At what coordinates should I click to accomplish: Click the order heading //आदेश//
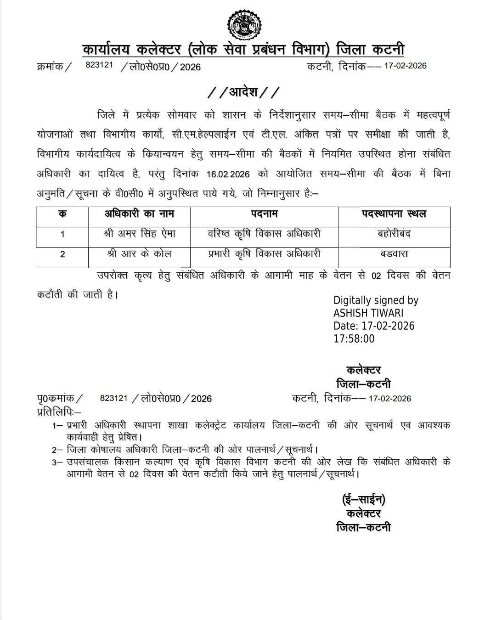(243, 92)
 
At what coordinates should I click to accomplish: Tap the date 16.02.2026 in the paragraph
(228, 175)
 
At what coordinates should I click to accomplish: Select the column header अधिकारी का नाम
(139, 214)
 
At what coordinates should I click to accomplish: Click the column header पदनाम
(264, 214)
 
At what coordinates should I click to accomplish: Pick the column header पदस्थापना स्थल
(394, 214)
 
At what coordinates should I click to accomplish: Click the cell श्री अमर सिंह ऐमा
(139, 234)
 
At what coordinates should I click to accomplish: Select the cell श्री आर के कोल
(139, 254)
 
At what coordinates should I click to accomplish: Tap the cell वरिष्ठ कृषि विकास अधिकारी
(264, 234)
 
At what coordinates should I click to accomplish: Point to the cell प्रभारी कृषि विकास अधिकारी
(264, 254)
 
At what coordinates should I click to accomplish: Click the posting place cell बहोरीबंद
(394, 234)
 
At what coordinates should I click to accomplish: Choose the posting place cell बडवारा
(394, 254)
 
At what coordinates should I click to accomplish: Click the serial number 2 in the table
(62, 254)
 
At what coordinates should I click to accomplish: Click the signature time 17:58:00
(354, 339)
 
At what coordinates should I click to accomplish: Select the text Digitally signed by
(376, 300)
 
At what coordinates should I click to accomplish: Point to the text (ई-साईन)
(363, 499)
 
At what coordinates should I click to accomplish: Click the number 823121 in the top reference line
(99, 66)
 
